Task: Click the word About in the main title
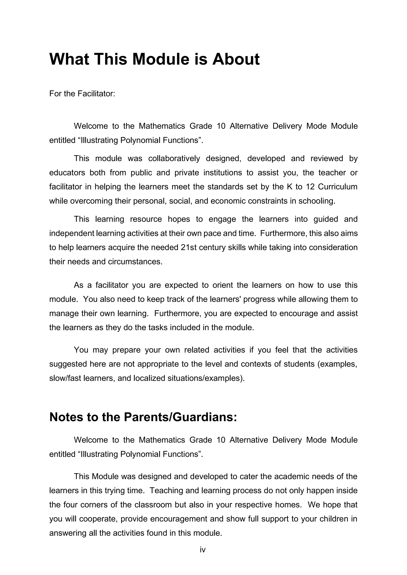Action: (236, 59)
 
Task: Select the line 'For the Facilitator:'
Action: (82, 94)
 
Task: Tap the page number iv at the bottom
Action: (203, 550)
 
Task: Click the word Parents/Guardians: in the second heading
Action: (180, 417)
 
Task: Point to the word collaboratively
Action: (174, 159)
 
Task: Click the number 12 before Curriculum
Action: (310, 187)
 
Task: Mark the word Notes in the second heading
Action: (66, 417)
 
